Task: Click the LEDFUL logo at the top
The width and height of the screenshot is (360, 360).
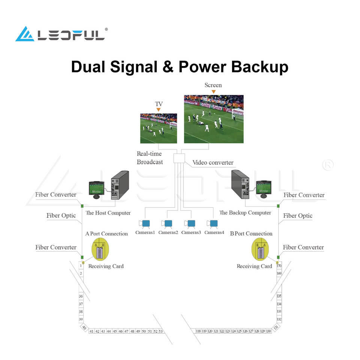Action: (x=61, y=34)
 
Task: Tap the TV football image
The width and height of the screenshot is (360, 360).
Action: (x=159, y=128)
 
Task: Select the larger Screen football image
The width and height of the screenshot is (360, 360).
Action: (x=214, y=119)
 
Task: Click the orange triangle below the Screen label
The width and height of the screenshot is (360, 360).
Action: (x=213, y=92)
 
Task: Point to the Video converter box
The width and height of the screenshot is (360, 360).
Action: (x=179, y=158)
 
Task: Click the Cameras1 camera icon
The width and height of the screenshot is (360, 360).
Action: (x=144, y=223)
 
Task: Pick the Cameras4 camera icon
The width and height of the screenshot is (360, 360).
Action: (x=212, y=223)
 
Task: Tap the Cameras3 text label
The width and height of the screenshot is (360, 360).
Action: (x=191, y=232)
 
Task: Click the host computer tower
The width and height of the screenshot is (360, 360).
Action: (x=120, y=185)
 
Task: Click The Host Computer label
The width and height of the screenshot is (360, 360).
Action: (x=108, y=213)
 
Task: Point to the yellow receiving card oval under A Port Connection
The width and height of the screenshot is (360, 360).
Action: (x=100, y=249)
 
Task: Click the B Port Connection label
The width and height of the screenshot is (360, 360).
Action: (x=251, y=234)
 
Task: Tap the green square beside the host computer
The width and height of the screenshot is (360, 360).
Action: (x=82, y=206)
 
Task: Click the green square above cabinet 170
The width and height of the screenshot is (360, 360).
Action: (x=278, y=257)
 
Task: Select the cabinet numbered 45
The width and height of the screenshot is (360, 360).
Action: (x=115, y=331)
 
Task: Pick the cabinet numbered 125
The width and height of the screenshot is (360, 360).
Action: (x=239, y=331)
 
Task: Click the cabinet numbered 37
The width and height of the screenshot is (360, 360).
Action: (x=81, y=304)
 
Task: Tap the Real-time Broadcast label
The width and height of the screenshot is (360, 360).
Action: (x=150, y=158)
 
